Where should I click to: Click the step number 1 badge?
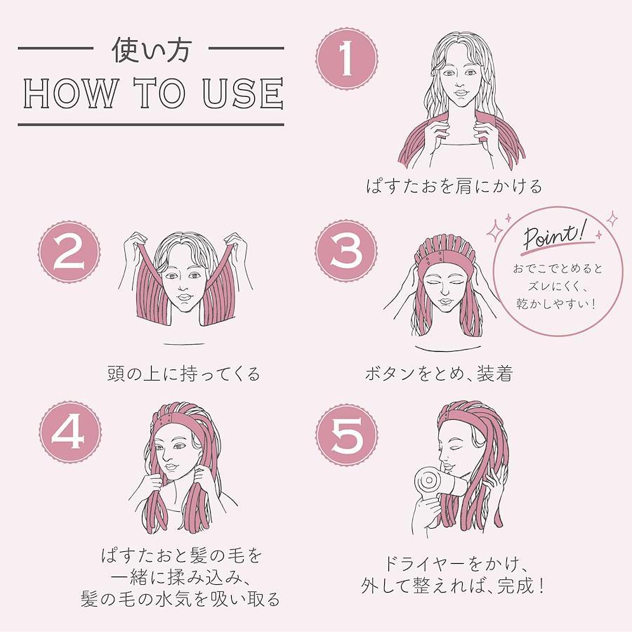pyautogui.click(x=347, y=59)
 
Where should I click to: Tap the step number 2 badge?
pyautogui.click(x=70, y=252)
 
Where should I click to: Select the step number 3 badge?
pyautogui.click(x=347, y=251)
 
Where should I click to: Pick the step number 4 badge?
pyautogui.click(x=70, y=432)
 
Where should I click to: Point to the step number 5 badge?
pyautogui.click(x=347, y=435)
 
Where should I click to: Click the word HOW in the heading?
pyautogui.click(x=70, y=93)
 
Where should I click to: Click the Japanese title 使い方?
pyautogui.click(x=151, y=50)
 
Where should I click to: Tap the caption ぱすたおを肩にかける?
pyautogui.click(x=454, y=187)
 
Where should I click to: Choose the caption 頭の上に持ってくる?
pyautogui.click(x=184, y=374)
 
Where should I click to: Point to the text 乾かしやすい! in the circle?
pyautogui.click(x=556, y=303)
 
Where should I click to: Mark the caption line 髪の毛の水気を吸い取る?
pyautogui.click(x=180, y=599)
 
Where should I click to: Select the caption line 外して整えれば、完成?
pyautogui.click(x=453, y=585)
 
